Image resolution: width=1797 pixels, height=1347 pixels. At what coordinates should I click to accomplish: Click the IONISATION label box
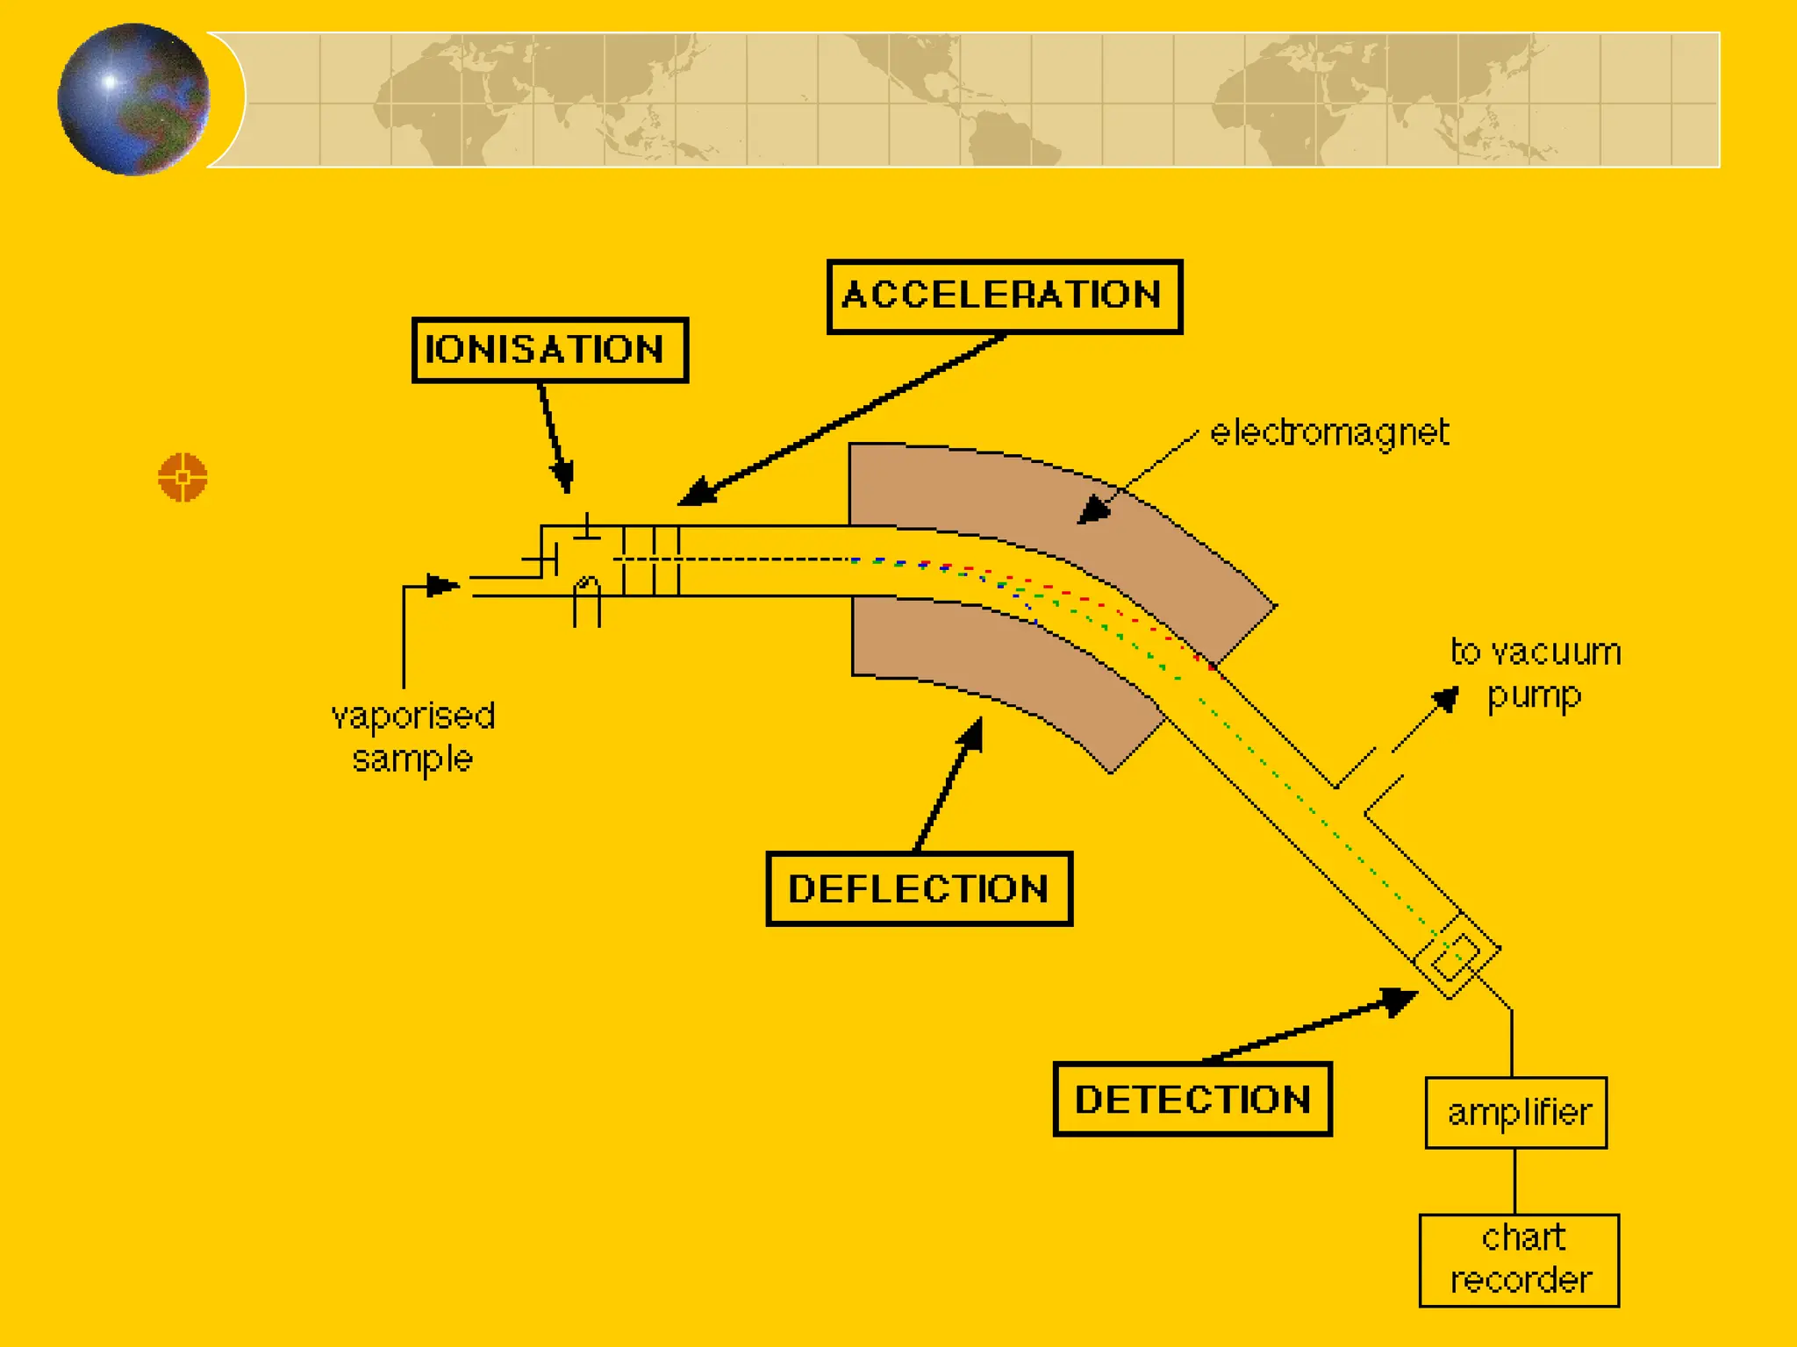[550, 350]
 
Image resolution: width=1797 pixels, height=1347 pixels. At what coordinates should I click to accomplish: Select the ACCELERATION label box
[1005, 296]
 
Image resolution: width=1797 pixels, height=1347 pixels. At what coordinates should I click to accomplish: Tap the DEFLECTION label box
[919, 888]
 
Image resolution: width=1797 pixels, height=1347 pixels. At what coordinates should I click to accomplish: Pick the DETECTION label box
[1192, 1099]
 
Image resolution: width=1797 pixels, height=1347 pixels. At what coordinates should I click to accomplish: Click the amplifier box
[1516, 1112]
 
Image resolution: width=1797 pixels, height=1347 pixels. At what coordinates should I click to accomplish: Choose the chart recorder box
[1519, 1259]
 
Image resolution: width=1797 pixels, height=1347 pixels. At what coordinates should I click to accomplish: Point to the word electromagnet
[1329, 432]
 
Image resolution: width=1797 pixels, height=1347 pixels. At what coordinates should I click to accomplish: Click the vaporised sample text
[412, 737]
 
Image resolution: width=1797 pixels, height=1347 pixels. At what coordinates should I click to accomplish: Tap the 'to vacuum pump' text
[1536, 673]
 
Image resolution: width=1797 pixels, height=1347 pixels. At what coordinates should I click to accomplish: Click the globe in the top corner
[133, 99]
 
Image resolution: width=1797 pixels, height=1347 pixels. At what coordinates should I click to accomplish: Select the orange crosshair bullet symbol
[183, 477]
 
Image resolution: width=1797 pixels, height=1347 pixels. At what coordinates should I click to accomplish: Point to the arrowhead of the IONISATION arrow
[563, 479]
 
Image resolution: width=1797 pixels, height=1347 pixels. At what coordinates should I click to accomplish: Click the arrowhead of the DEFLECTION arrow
[971, 734]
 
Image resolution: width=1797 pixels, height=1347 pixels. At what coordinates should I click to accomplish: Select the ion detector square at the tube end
[1457, 955]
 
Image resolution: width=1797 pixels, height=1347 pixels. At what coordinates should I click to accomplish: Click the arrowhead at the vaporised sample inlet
[442, 585]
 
